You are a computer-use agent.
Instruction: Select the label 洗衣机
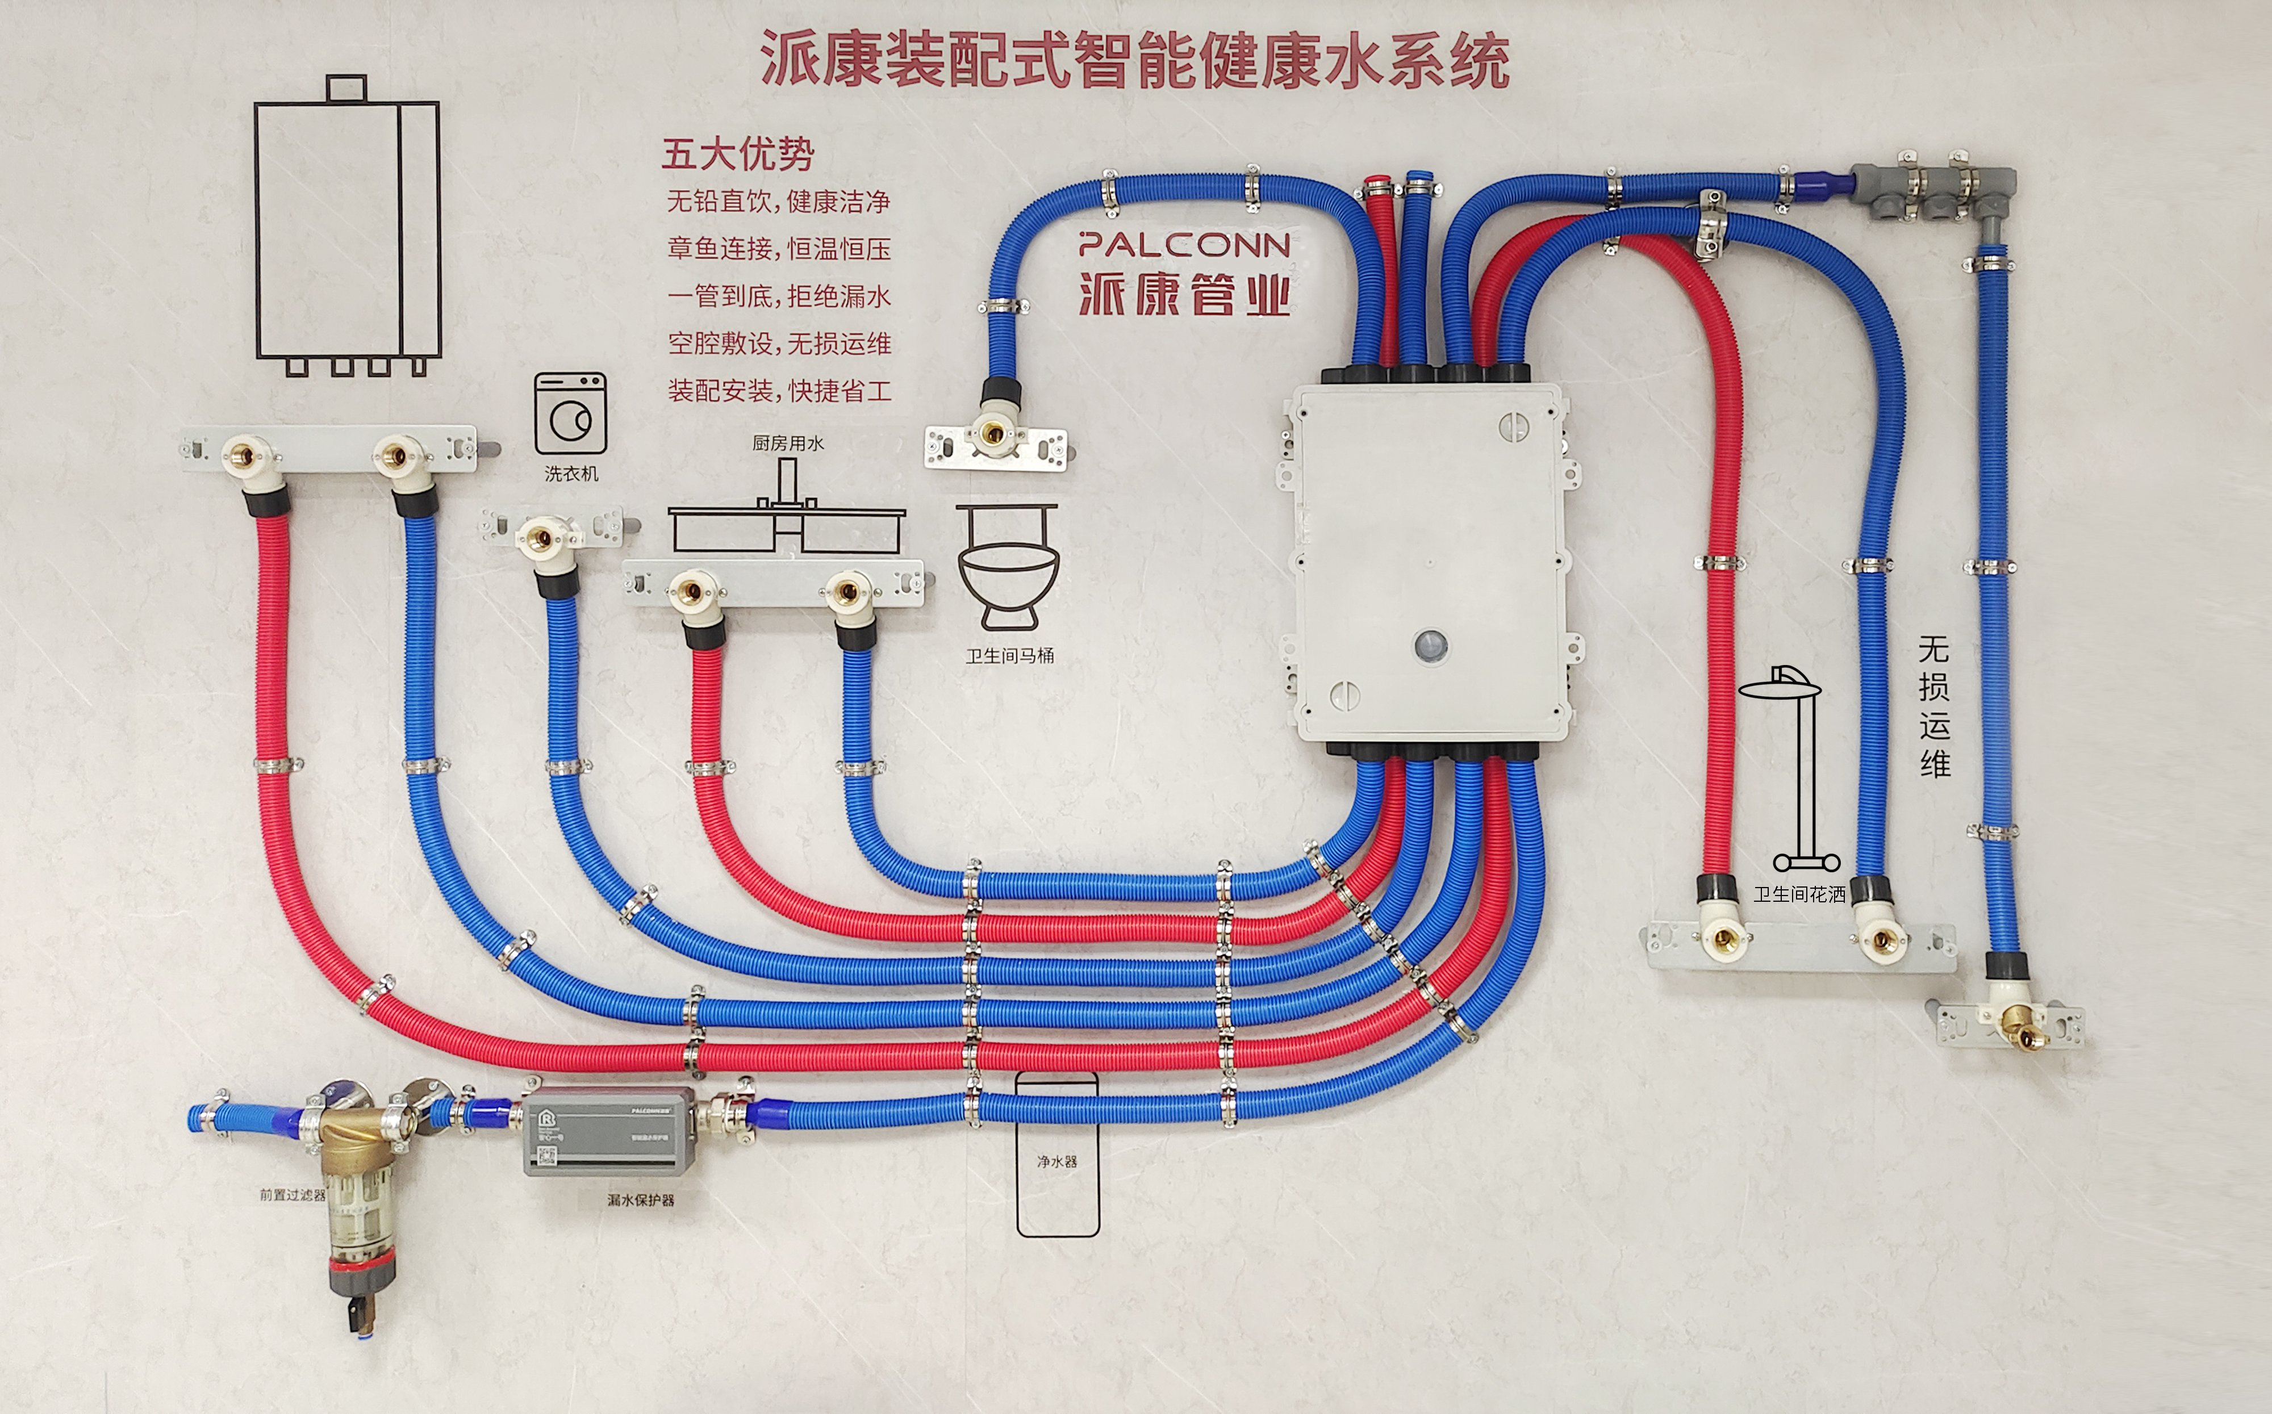571,474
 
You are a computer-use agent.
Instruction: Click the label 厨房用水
788,444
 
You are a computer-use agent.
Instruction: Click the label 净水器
1057,1161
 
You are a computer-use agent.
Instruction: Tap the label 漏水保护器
641,1200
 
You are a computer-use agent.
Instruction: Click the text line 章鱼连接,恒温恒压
778,249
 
